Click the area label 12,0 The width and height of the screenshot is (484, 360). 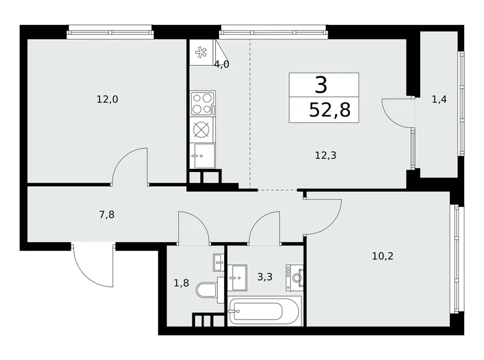[x=107, y=99]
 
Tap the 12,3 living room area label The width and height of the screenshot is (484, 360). [x=325, y=157]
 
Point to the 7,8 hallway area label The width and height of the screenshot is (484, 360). [x=106, y=215]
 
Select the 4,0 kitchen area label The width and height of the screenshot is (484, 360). [x=222, y=64]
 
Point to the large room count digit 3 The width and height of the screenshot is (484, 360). [x=321, y=84]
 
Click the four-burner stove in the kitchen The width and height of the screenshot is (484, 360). [x=203, y=103]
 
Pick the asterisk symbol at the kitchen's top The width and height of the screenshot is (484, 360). [x=201, y=53]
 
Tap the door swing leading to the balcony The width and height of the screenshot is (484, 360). [x=395, y=113]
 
